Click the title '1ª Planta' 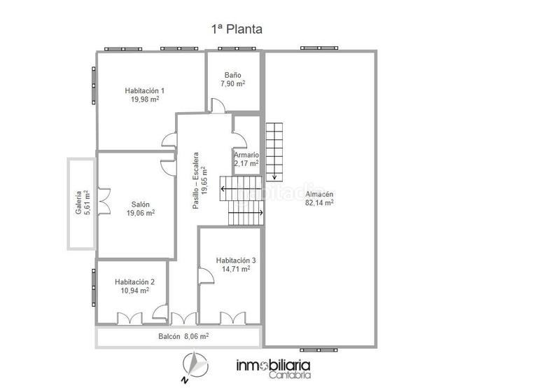point(237,29)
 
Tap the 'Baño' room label point(233,75)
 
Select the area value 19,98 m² point(145,99)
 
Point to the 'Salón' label point(141,205)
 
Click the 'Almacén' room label point(319,195)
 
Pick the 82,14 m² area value point(319,202)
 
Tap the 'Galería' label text point(78,203)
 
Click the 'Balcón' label point(169,337)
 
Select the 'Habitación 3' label point(236,261)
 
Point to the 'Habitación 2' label point(134,282)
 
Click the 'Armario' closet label point(246,155)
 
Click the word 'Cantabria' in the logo point(290,375)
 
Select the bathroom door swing point(218,106)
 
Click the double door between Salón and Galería point(104,201)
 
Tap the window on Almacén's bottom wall point(318,350)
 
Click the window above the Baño point(237,48)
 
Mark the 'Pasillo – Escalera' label point(199,181)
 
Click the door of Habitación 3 point(206,275)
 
